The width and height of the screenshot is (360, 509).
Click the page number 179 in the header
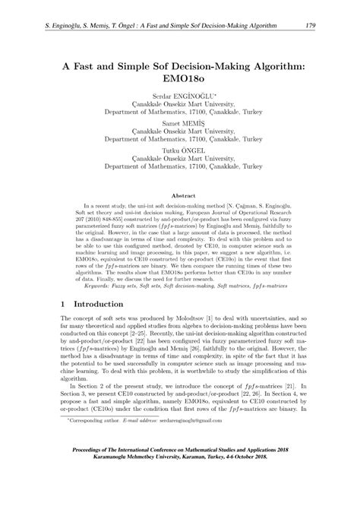pos(310,27)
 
